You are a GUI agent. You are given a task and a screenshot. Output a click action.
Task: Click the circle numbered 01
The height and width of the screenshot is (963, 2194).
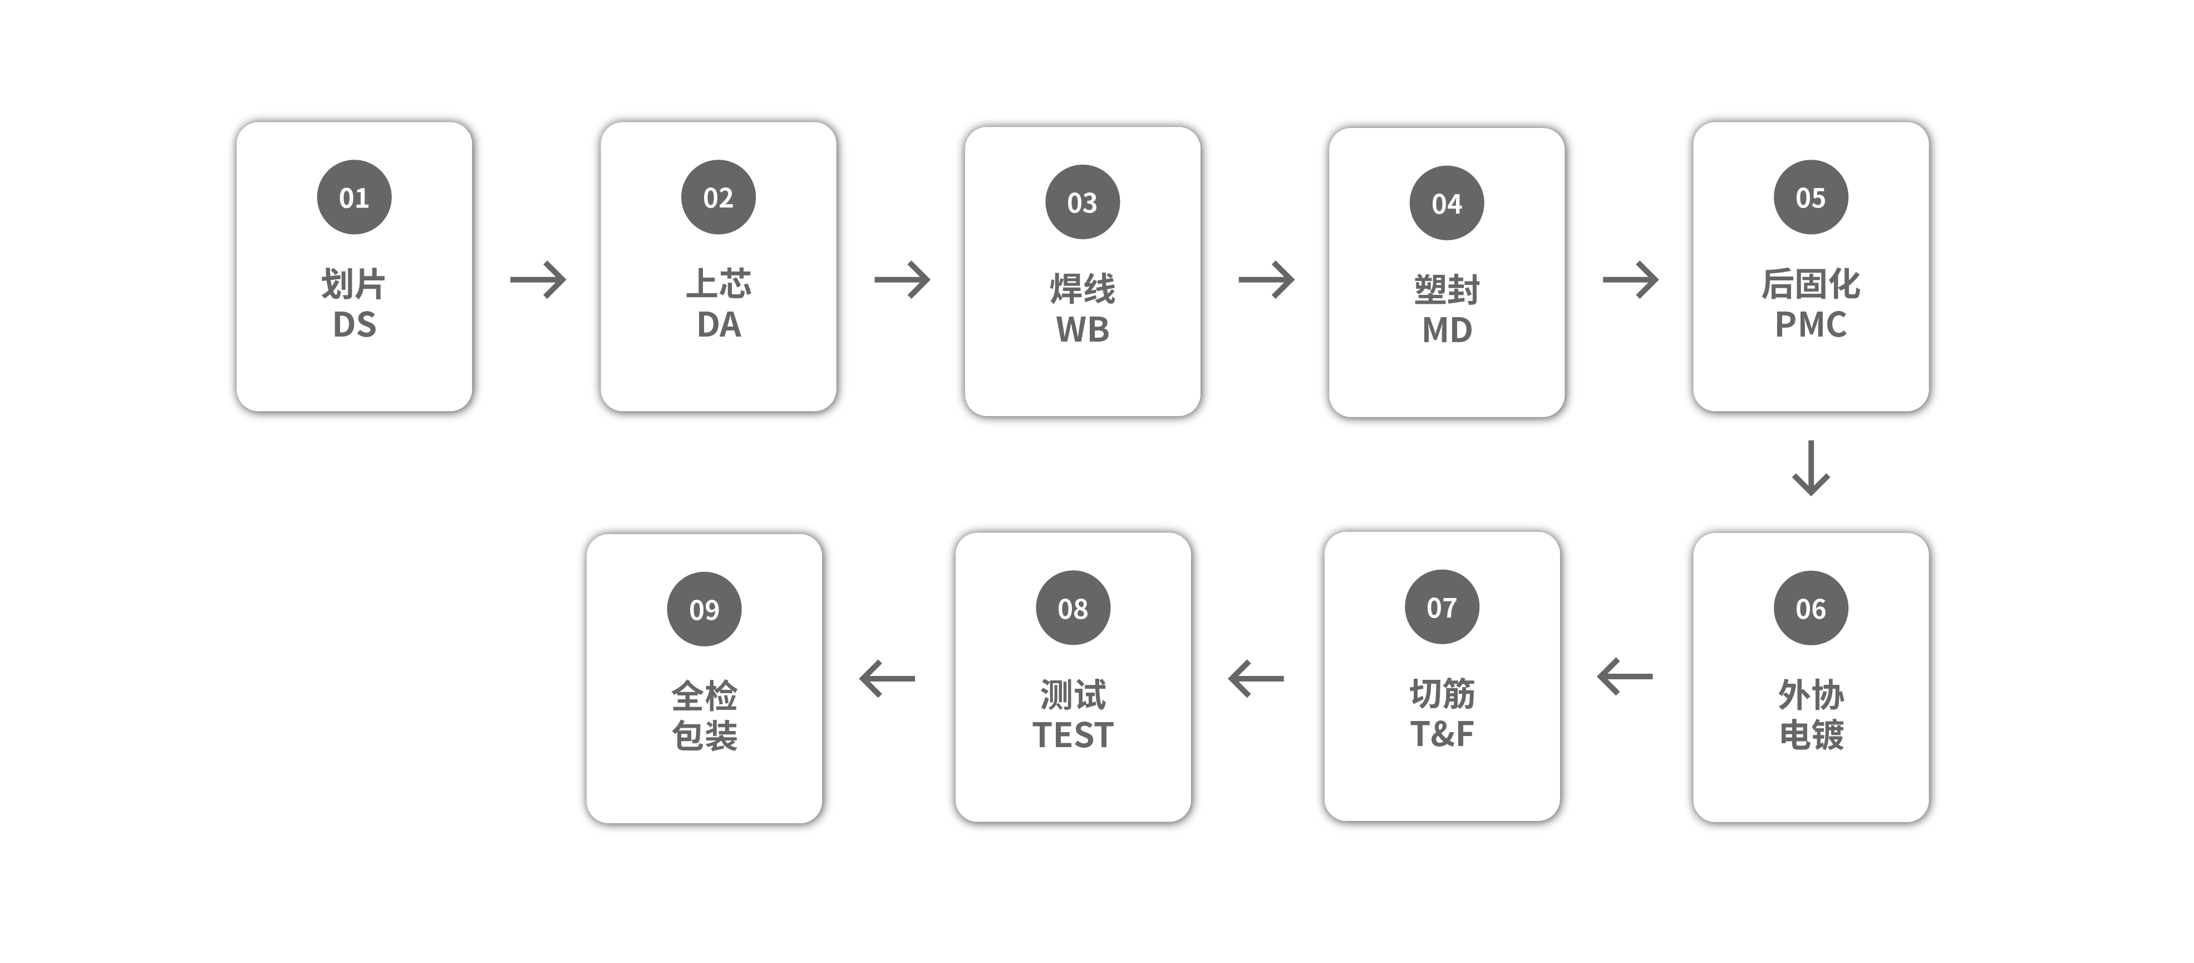click(355, 197)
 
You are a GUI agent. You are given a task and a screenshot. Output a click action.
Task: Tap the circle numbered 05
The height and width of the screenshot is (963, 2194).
click(1811, 197)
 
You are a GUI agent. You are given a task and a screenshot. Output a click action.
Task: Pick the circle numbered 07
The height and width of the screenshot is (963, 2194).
click(1442, 607)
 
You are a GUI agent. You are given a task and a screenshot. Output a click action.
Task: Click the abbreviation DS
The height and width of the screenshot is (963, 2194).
click(355, 324)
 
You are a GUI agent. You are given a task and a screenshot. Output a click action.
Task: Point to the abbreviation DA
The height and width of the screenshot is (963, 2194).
click(719, 324)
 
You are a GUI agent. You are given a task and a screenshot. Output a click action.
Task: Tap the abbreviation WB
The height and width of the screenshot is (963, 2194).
click(1083, 329)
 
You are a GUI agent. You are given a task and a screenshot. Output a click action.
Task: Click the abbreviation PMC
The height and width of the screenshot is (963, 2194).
click(1811, 324)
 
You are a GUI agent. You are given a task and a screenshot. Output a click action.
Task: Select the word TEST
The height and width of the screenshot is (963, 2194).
click(1073, 735)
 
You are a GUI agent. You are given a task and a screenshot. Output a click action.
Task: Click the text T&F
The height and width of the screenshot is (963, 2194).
click(1442, 734)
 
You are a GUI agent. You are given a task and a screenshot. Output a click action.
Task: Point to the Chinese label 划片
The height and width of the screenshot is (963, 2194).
click(353, 284)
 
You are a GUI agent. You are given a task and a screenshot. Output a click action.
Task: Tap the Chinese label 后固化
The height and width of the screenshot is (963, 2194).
click(1811, 284)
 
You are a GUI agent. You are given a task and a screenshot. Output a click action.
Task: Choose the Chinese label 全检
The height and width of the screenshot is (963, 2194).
click(705, 695)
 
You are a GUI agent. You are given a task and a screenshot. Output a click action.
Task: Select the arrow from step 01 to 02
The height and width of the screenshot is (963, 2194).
click(538, 279)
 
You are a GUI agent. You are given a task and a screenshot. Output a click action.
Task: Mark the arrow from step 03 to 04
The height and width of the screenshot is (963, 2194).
click(1267, 279)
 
